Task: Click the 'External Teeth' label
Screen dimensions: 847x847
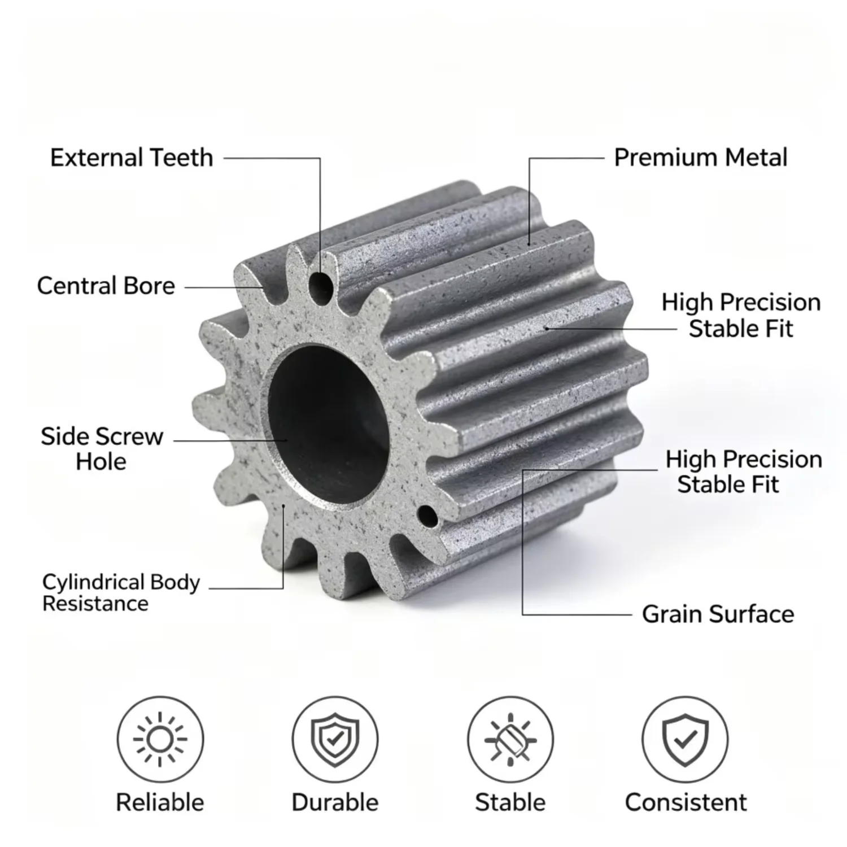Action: coord(132,158)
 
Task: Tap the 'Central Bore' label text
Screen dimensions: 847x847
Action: coord(106,286)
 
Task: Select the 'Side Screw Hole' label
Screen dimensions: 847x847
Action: coord(102,449)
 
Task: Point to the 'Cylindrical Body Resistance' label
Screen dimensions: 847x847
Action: coord(121,593)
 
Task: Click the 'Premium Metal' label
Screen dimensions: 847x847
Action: coord(701,158)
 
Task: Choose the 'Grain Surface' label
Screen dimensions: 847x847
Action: coord(718,614)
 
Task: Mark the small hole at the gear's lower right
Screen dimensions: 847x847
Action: coord(427,516)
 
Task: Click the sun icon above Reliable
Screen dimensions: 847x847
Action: coord(160,739)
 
